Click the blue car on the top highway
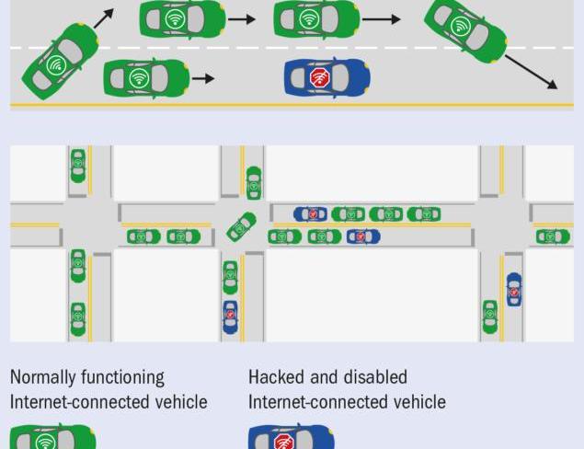tap(326, 77)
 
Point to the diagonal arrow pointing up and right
tap(103, 18)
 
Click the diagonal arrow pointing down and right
tap(531, 73)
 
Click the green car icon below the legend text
tap(52, 438)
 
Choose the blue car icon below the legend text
tap(291, 438)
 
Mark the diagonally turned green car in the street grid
tap(242, 226)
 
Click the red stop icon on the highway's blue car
tap(320, 77)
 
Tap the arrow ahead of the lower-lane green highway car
tap(203, 79)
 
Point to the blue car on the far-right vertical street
tap(514, 289)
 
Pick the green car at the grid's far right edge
tap(553, 236)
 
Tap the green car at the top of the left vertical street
tap(78, 166)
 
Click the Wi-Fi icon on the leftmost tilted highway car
tap(55, 65)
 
